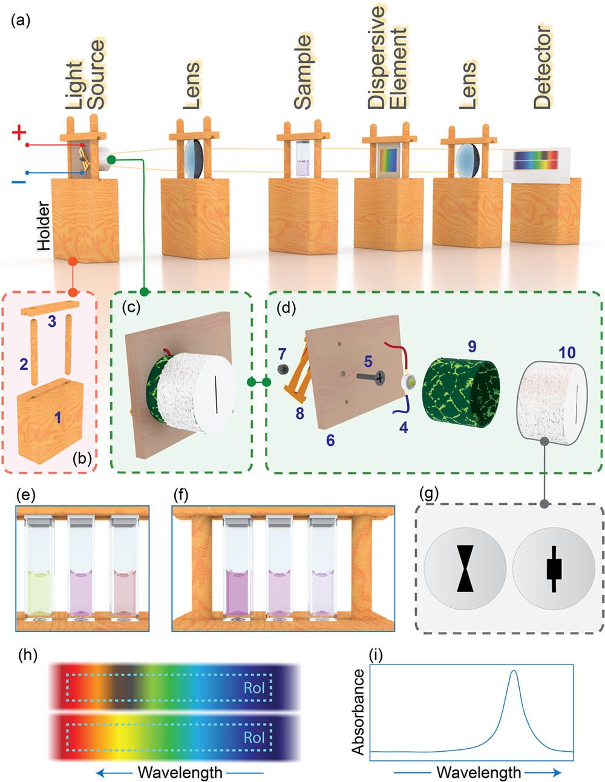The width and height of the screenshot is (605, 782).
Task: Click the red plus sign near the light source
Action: (19, 134)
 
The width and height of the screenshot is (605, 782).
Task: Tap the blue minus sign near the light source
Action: (18, 181)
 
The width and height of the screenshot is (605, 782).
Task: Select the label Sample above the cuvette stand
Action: (302, 72)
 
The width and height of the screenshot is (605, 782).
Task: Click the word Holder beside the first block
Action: (43, 228)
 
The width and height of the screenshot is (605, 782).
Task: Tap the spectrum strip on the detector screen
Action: (535, 160)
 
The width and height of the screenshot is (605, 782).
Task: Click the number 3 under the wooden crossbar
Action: (52, 322)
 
